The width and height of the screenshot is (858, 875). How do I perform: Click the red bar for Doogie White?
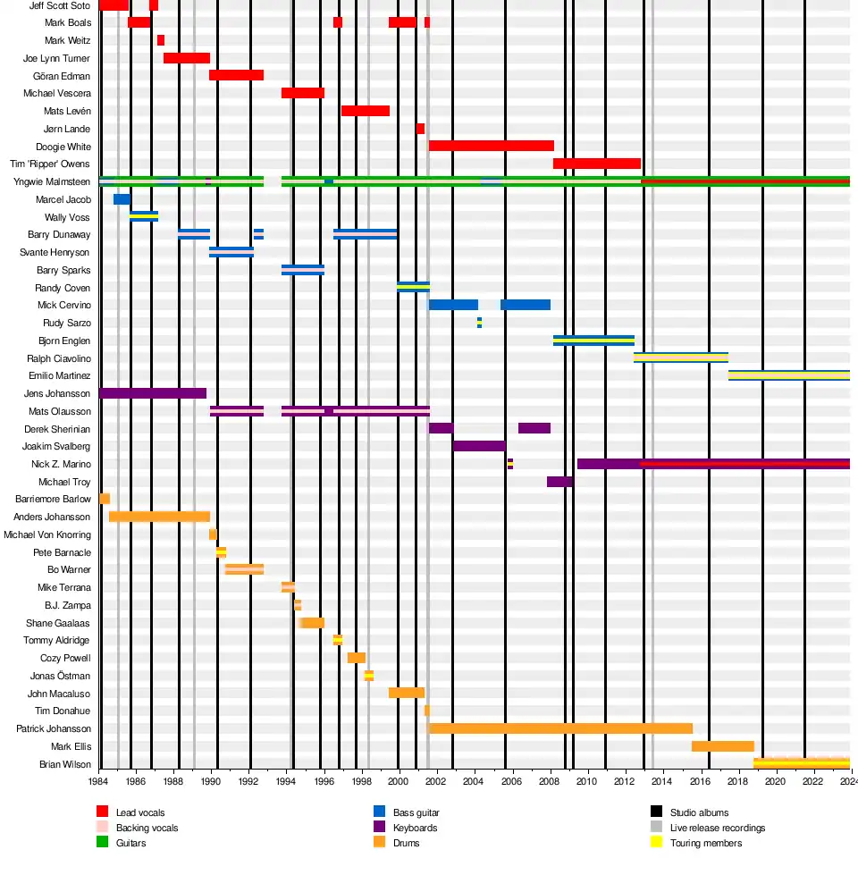491,146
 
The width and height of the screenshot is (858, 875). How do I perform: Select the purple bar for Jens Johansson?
153,393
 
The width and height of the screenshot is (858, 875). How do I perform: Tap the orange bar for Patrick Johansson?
560,728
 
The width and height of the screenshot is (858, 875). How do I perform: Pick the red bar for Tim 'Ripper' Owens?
596,164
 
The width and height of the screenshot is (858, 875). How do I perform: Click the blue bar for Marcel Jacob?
122,199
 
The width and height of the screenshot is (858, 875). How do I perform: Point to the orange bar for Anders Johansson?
159,517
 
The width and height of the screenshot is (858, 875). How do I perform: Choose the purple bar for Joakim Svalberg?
479,446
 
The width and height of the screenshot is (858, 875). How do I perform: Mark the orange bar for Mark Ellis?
722,746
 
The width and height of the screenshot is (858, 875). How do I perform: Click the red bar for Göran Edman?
236,75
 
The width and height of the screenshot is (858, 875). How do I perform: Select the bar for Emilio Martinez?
788,375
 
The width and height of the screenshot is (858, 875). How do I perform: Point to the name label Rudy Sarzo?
66,323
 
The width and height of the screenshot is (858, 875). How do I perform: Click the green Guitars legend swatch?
103,843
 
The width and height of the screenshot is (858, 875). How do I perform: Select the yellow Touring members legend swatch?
656,843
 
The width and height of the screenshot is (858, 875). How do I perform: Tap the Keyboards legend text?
416,828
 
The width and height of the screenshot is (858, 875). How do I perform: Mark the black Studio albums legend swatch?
656,812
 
